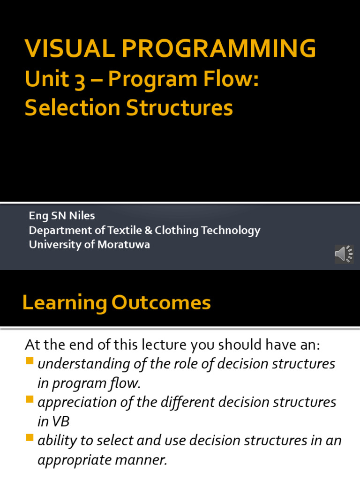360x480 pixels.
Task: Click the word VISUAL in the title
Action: [70, 48]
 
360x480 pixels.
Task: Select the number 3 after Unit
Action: [80, 80]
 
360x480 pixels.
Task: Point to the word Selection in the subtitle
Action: [73, 108]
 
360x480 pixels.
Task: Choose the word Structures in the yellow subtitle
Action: [180, 108]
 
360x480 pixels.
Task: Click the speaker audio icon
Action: [344, 254]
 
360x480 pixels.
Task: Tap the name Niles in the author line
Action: [82, 216]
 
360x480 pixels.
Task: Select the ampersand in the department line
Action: [148, 230]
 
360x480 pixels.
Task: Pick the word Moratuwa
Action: [124, 245]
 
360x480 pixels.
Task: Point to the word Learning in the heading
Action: [65, 303]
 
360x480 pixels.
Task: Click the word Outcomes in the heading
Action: [161, 302]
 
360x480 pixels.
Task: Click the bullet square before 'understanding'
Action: [30, 360]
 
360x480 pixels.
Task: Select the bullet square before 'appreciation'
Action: [30, 399]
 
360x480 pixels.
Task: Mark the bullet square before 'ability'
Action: [30, 437]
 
